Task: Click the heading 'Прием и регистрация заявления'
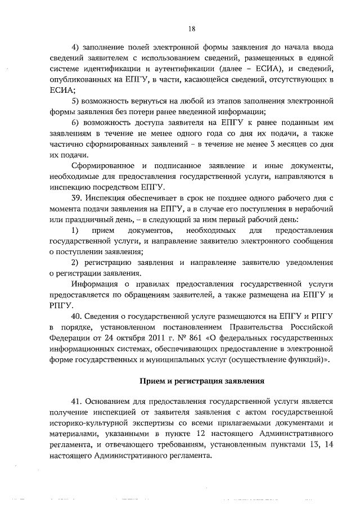(201, 381)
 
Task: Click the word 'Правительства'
(264, 327)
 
